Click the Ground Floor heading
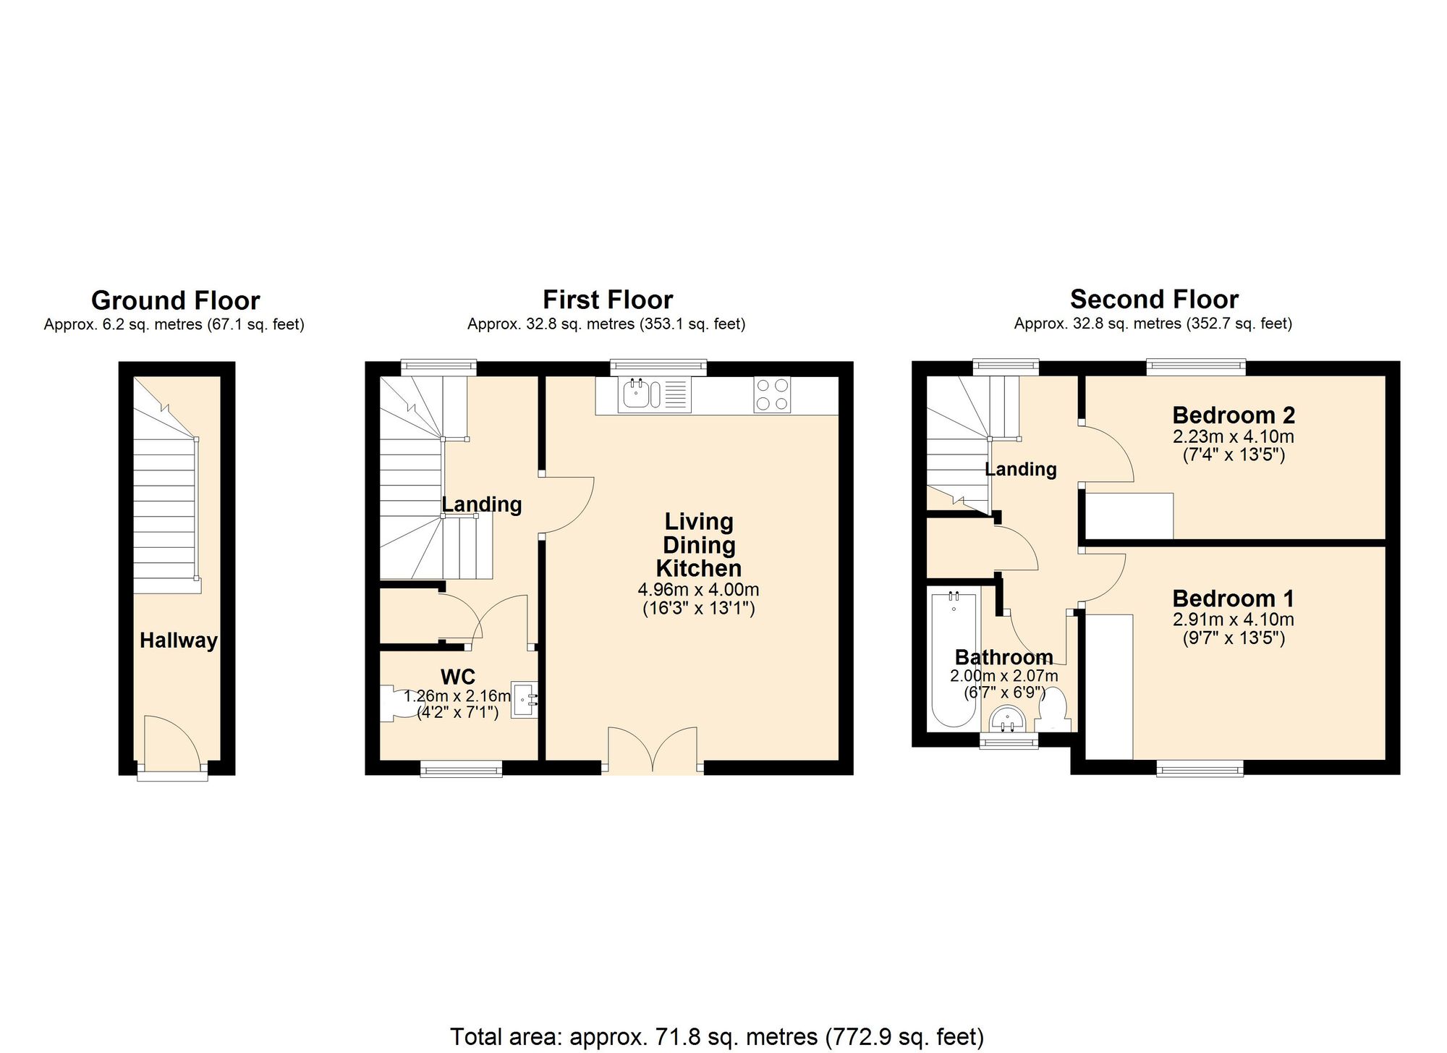[175, 300]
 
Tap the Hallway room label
[178, 640]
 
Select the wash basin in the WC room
[522, 700]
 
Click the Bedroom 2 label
[1233, 415]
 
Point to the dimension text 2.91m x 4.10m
[1233, 620]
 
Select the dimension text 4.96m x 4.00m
[698, 590]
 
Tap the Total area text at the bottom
[716, 1036]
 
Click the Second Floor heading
[1154, 299]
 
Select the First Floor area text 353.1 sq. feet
[691, 324]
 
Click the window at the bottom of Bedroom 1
[1200, 769]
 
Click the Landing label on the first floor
[482, 504]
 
